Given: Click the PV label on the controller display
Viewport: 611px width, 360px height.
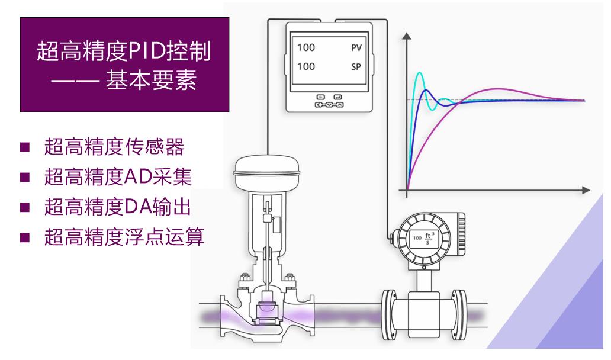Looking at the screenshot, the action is click(355, 47).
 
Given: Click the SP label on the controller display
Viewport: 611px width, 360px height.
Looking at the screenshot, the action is click(356, 67).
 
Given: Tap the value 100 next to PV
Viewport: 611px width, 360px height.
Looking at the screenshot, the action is click(306, 47).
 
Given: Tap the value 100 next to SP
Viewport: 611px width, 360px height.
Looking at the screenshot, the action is click(306, 67).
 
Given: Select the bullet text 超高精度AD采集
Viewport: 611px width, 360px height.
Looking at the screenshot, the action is click(118, 178).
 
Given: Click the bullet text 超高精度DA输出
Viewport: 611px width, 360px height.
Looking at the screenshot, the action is click(118, 207).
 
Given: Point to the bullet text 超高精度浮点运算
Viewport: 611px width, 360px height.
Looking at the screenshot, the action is click(124, 237).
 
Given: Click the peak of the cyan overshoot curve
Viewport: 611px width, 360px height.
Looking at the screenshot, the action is click(420, 73).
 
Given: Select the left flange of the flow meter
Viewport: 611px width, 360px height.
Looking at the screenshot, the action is click(390, 312).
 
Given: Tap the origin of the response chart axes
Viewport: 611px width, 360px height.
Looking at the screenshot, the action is click(407, 190).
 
